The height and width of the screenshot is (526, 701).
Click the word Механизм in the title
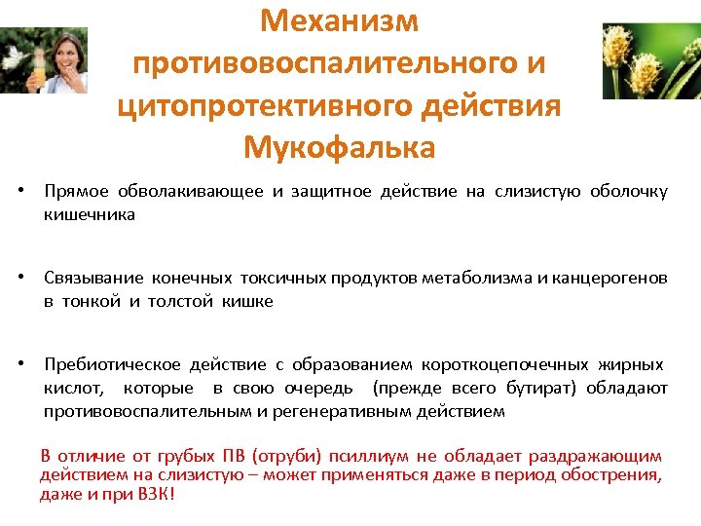tap(341, 19)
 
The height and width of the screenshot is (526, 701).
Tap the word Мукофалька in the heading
tap(340, 148)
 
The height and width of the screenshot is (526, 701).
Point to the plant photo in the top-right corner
tap(650, 60)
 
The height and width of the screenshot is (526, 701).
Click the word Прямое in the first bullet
tap(77, 191)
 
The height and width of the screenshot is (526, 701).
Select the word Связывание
tap(93, 279)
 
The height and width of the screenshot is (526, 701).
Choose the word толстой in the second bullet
tap(181, 301)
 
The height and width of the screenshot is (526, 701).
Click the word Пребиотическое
tap(112, 364)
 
